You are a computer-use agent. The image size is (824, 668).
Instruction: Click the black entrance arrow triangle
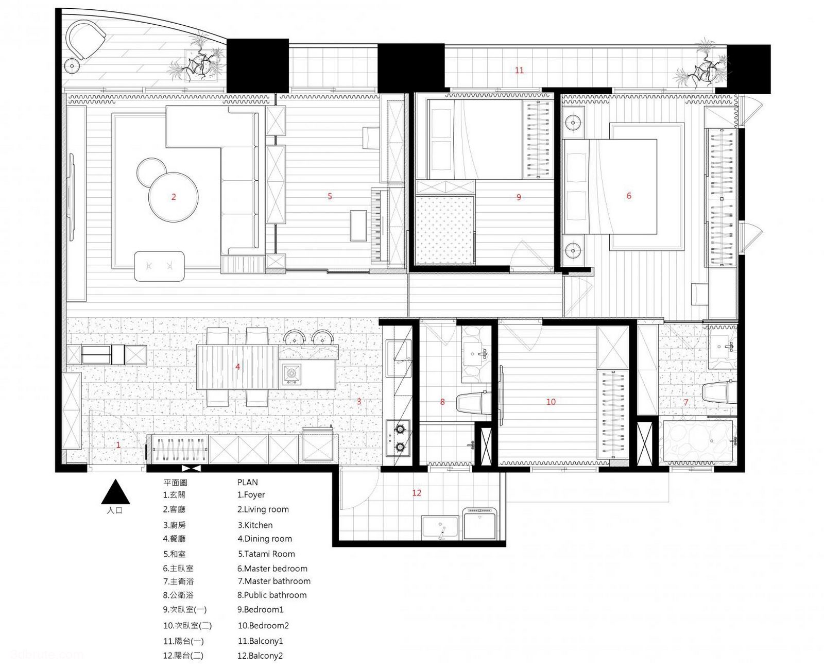coord(115,492)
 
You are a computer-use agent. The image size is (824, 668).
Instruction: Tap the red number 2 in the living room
coord(174,197)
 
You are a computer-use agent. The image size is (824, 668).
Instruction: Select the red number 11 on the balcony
coord(519,70)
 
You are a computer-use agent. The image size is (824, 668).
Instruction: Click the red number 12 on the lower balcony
coord(417,493)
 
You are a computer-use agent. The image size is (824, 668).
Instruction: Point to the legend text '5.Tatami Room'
coord(266,554)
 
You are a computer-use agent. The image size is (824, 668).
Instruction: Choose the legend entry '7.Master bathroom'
coord(274,581)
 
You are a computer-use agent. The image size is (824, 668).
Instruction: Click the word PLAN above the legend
coord(248,483)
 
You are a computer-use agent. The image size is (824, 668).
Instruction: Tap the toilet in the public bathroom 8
coord(473,402)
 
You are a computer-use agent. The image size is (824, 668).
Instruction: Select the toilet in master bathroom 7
coord(719,392)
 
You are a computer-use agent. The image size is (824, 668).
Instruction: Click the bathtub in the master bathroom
coord(699,441)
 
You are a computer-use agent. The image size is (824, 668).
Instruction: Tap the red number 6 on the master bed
coord(629,196)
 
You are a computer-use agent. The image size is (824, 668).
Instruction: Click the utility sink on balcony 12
coord(440,527)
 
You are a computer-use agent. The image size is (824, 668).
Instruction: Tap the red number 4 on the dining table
coord(237,366)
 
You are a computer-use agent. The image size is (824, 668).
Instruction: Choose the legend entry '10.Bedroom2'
coord(263,625)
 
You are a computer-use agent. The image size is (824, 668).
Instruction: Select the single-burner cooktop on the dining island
coord(291,373)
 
